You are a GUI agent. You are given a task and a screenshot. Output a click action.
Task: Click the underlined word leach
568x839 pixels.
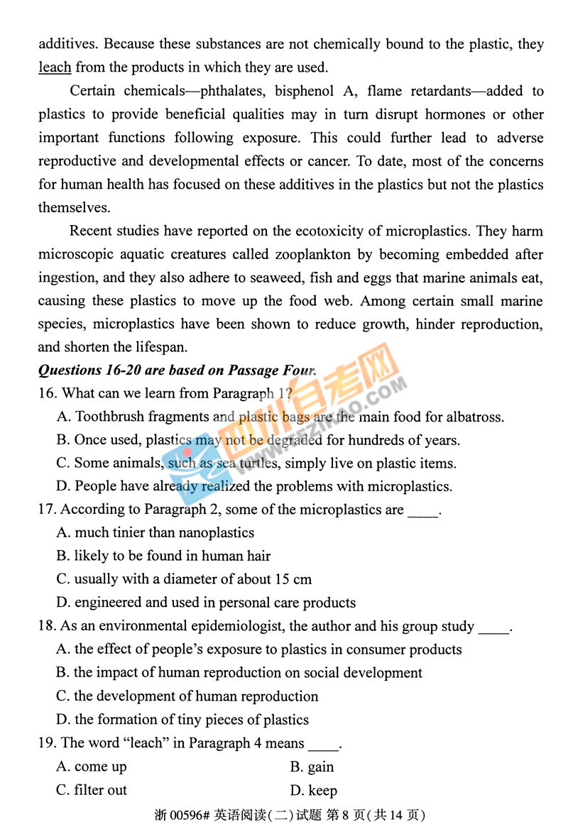55,67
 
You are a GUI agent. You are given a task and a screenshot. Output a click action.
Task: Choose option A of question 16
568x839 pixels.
280,417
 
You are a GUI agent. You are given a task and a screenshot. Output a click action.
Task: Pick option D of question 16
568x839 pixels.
253,486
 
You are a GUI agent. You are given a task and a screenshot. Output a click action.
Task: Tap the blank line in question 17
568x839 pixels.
423,510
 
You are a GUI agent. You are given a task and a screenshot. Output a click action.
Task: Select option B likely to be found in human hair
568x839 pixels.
163,556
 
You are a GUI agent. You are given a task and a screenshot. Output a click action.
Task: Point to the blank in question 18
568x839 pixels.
494,626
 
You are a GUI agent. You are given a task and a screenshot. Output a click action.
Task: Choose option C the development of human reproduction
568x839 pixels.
187,696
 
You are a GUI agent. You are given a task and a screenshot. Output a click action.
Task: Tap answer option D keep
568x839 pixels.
313,790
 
